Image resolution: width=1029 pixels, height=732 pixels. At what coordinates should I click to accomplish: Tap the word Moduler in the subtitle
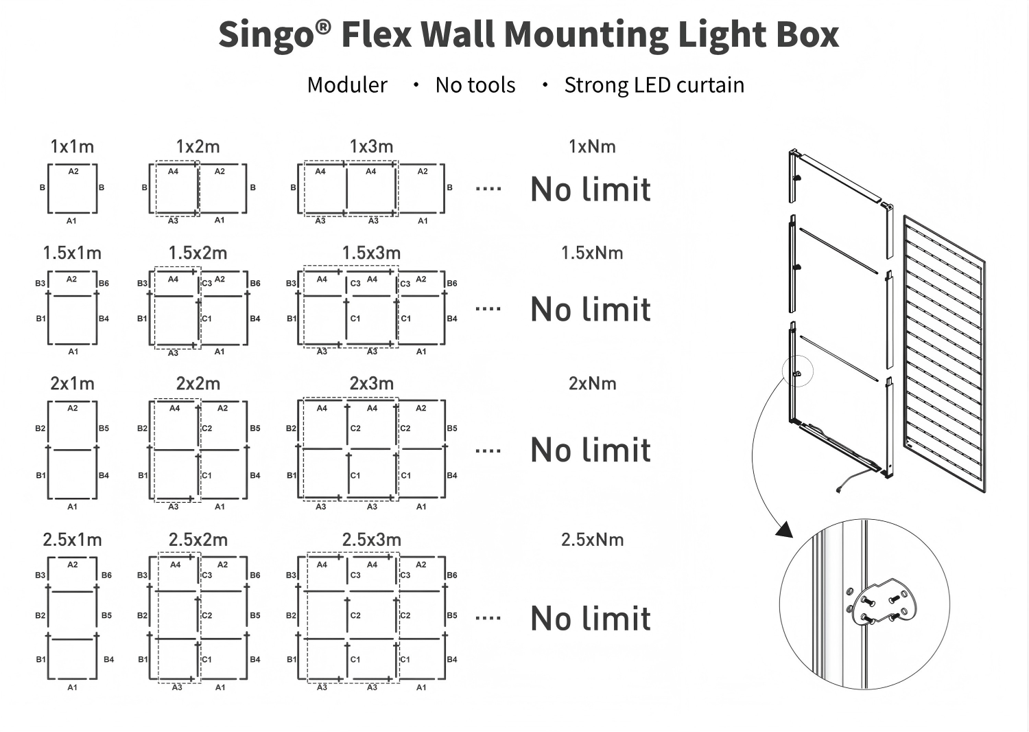tap(347, 85)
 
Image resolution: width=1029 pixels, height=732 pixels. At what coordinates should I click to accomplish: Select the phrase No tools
tap(475, 85)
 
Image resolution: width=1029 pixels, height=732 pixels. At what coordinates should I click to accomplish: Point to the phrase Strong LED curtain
tap(654, 85)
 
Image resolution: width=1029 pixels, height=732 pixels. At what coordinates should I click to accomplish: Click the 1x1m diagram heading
tap(72, 147)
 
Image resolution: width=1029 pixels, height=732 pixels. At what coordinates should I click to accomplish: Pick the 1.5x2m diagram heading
tap(198, 253)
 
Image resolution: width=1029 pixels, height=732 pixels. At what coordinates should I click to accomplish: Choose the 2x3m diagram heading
tap(372, 383)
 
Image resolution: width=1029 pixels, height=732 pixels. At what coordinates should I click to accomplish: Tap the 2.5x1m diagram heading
tap(72, 540)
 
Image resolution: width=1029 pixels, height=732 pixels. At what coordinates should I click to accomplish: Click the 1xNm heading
tap(592, 147)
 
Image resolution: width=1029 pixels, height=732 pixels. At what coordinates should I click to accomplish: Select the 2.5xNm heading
tap(592, 540)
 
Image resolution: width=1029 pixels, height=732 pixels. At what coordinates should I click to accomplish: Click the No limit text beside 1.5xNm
tap(591, 309)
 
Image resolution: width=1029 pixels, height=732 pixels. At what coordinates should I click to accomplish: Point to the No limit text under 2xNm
tap(591, 450)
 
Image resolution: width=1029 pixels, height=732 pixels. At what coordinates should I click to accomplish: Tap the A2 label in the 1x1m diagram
tap(73, 172)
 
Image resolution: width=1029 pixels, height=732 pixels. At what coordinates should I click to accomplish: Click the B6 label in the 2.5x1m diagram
tap(106, 575)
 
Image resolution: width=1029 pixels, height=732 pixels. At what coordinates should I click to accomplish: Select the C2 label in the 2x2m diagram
tap(206, 428)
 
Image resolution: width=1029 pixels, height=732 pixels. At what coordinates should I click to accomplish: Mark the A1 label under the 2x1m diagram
tap(73, 507)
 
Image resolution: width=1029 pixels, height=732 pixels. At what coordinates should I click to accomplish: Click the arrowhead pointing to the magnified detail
tap(785, 529)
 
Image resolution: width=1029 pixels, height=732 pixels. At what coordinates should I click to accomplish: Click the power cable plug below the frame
tap(839, 490)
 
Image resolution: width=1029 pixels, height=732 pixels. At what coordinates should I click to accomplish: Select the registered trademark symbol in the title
tap(323, 27)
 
